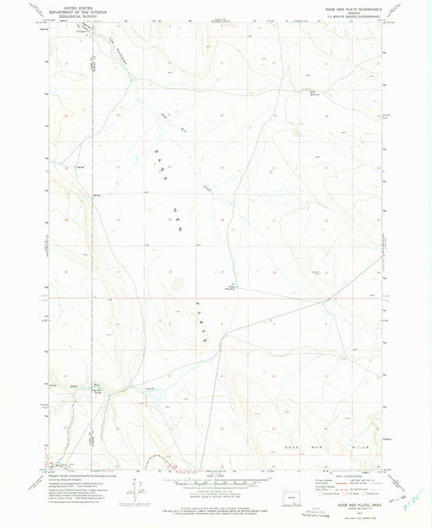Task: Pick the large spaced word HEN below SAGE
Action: pos(175,220)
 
